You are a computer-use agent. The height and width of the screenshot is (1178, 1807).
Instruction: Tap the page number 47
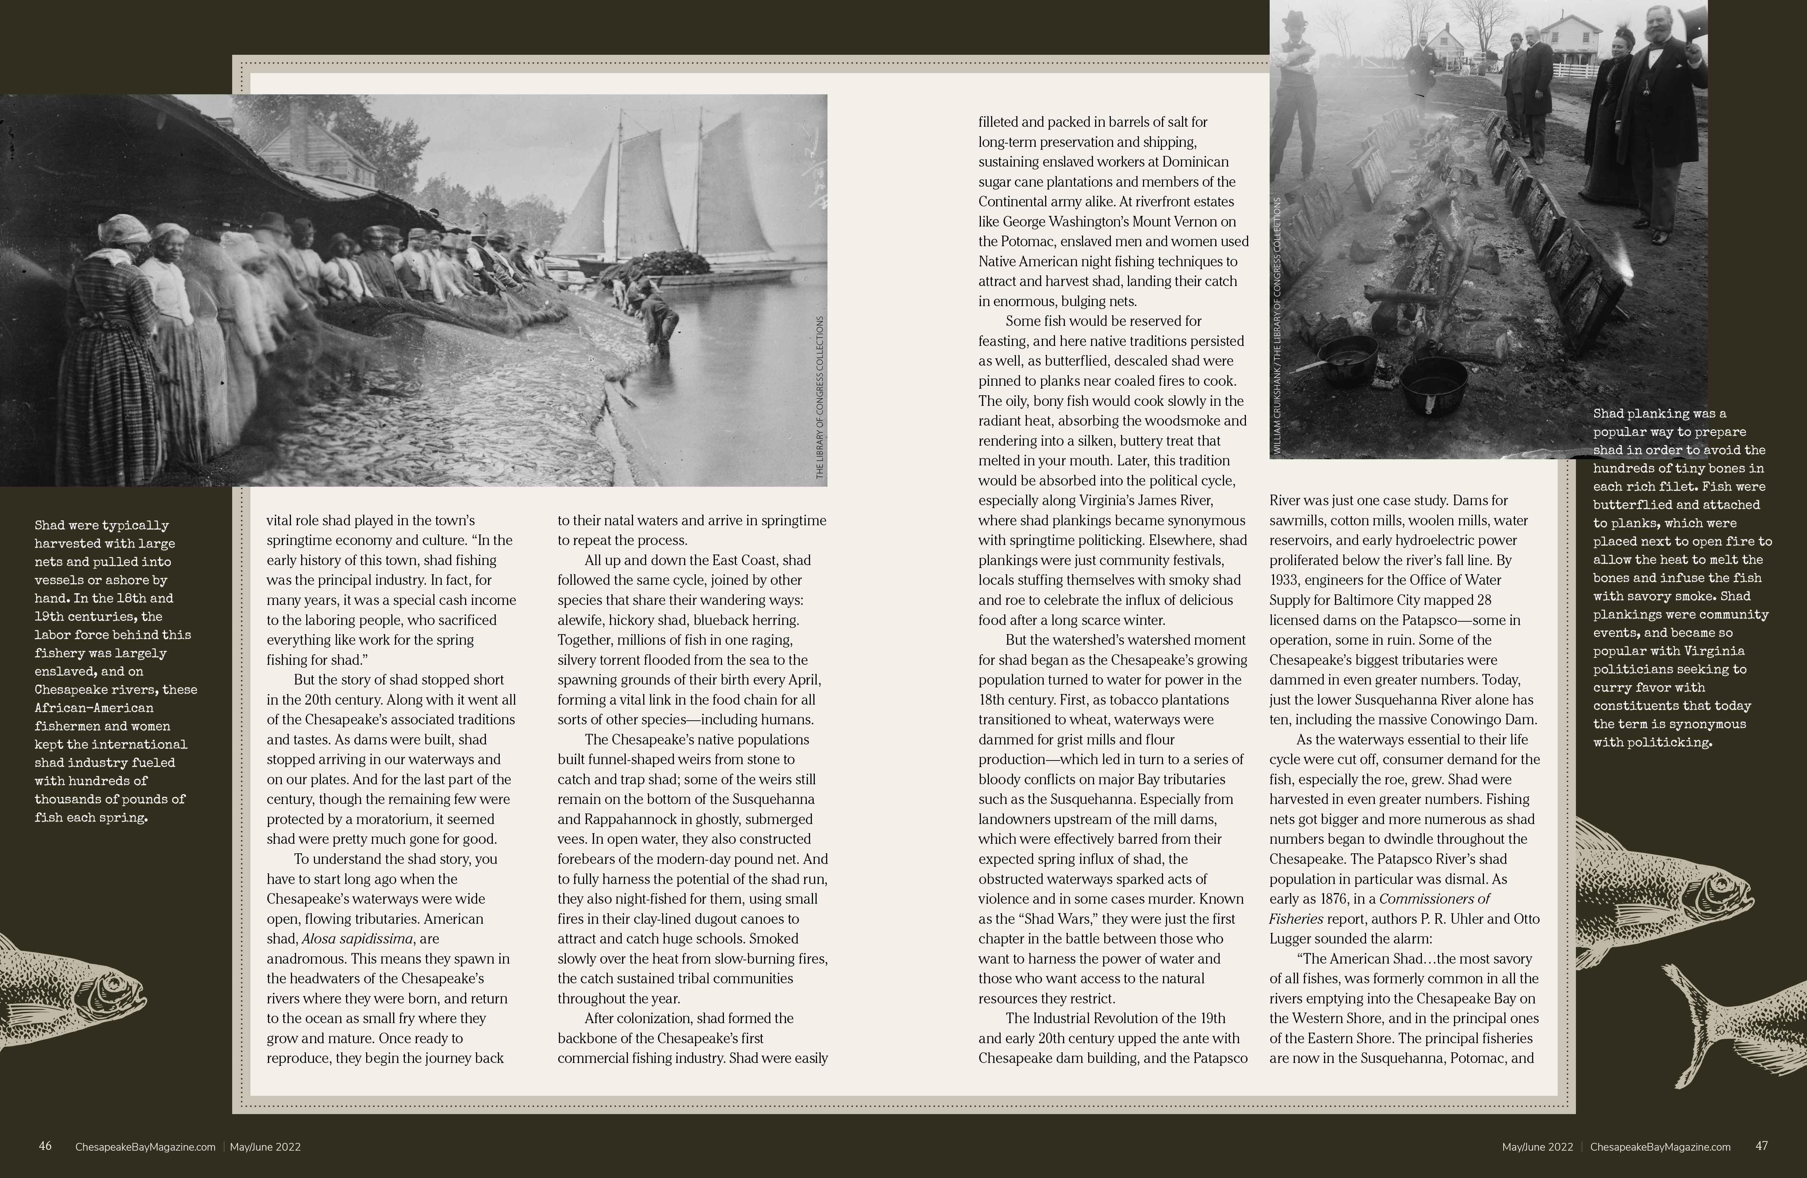coord(1762,1146)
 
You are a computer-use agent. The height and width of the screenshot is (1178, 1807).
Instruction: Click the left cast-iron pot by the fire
coord(1348,358)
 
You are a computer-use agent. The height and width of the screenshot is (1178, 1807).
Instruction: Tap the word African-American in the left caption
coord(94,708)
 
